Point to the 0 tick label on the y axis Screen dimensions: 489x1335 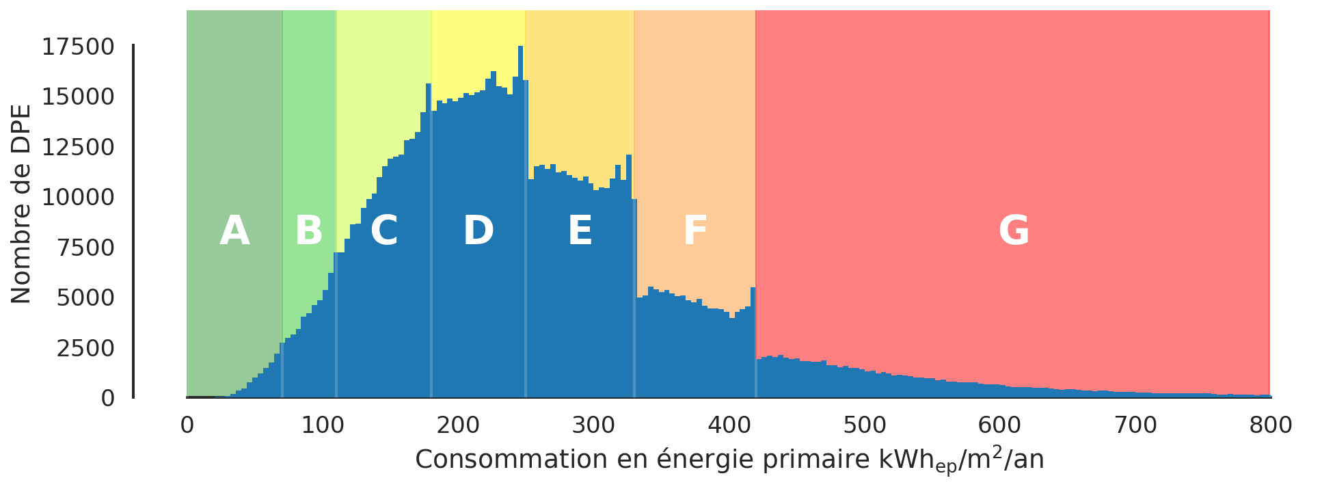pyautogui.click(x=108, y=398)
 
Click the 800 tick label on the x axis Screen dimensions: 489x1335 pyautogui.click(x=1271, y=425)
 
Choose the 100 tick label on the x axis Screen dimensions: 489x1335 pyautogui.click(x=322, y=425)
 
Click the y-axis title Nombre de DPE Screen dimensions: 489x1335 pyautogui.click(x=22, y=204)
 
